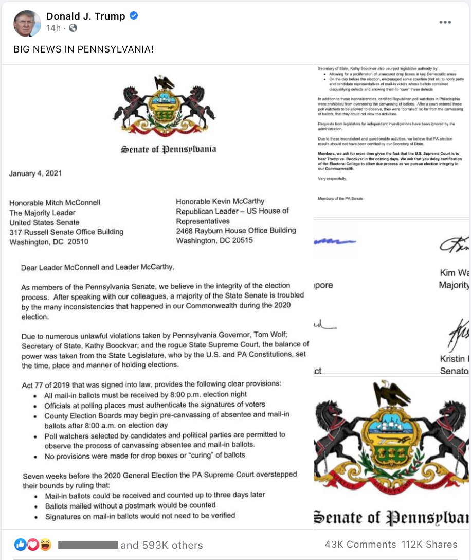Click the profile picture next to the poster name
(x=27, y=23)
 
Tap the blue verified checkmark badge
(x=134, y=16)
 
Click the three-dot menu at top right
(x=445, y=22)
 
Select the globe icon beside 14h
(x=73, y=28)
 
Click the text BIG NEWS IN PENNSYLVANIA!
(x=83, y=49)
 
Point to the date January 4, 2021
(x=35, y=173)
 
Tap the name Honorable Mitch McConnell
(x=55, y=203)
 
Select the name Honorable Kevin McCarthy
(x=220, y=201)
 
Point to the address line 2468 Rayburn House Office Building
(x=235, y=231)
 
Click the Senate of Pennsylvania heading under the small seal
(x=169, y=150)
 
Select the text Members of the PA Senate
(x=340, y=198)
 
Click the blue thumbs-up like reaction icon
(x=21, y=544)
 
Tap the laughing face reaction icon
(x=45, y=544)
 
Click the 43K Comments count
(x=360, y=545)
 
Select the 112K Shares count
(x=429, y=545)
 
